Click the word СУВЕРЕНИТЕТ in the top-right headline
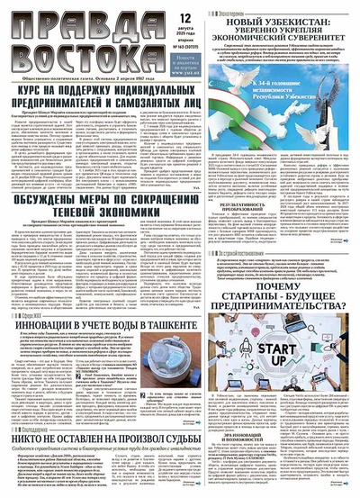coord(310,39)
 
